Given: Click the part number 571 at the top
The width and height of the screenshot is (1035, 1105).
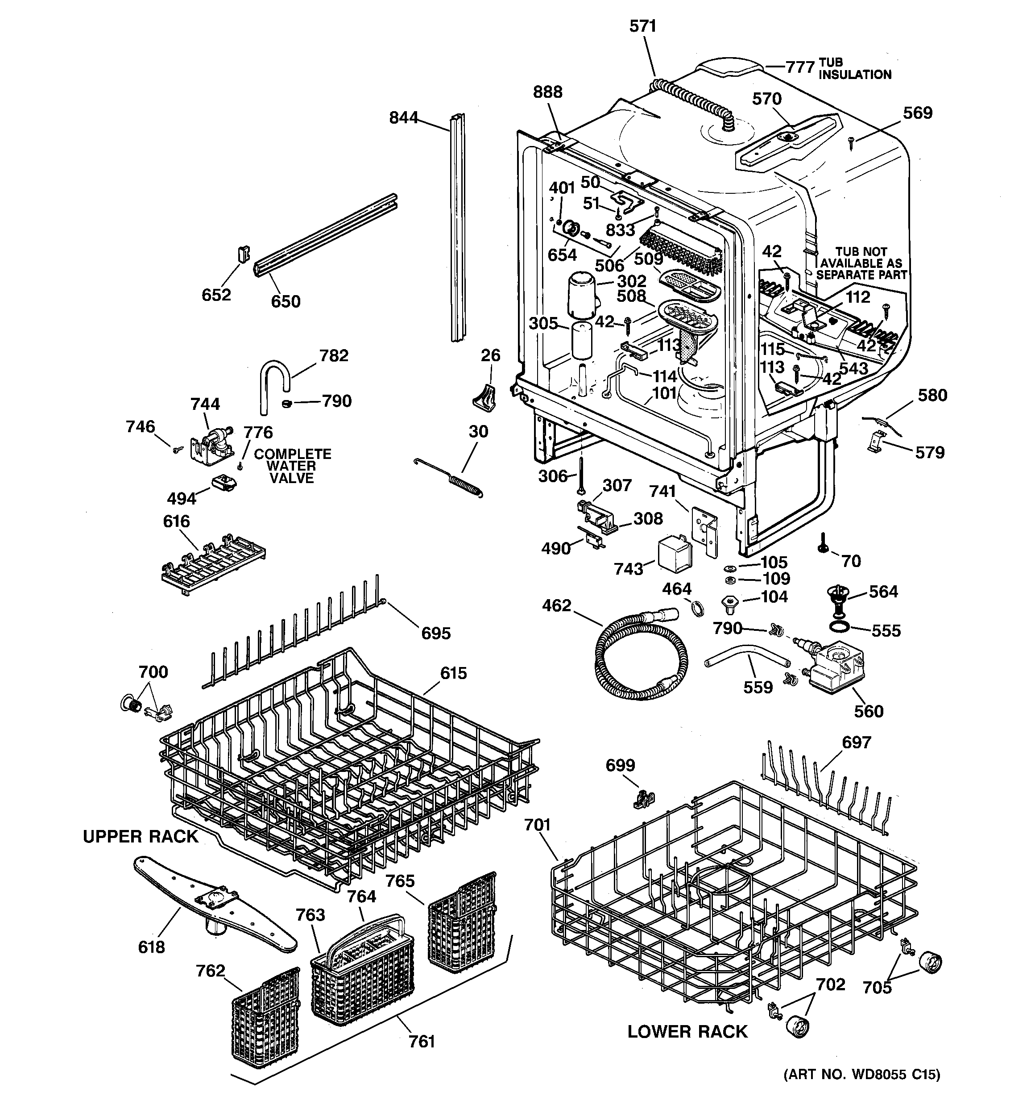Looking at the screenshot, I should [x=643, y=26].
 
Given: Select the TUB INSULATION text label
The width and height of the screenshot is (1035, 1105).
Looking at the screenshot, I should [x=854, y=69].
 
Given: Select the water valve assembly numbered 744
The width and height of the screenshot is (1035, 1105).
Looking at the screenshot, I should [x=211, y=445].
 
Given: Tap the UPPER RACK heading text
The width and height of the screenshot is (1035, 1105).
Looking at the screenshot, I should [x=140, y=837].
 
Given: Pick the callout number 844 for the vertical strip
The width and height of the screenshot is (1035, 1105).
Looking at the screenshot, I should [x=403, y=118].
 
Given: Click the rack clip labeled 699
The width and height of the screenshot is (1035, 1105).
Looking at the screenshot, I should [x=643, y=801].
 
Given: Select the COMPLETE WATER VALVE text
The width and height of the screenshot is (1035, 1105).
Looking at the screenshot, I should [x=292, y=466].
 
